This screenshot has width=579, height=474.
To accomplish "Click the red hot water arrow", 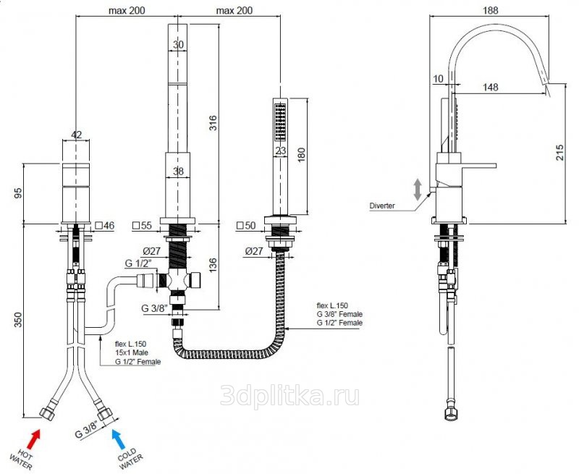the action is (x=33, y=439).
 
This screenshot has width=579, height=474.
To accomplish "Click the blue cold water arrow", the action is (x=118, y=438).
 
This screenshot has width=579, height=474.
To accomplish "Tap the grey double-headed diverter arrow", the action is (x=418, y=190).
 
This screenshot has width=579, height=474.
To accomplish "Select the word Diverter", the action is (x=382, y=206).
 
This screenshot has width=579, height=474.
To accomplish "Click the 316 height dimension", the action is (x=213, y=123).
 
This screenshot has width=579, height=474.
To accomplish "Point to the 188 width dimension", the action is (x=491, y=10).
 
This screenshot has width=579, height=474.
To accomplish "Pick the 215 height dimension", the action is (x=559, y=152).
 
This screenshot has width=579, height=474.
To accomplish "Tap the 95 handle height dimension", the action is (x=18, y=193).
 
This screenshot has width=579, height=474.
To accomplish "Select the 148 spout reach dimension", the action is (x=491, y=87).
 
